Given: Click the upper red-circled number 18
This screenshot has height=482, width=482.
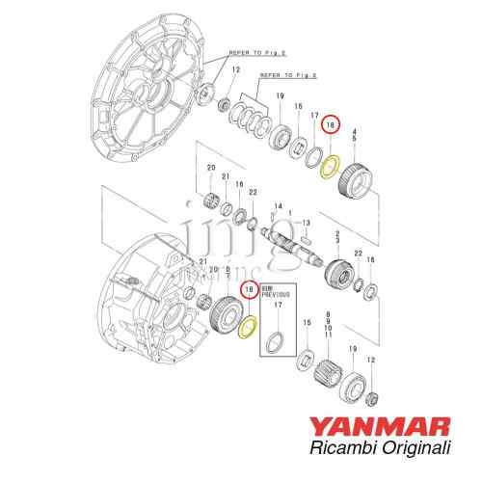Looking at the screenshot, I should click(x=331, y=123).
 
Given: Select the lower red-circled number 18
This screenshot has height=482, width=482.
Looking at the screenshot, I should click(x=250, y=288).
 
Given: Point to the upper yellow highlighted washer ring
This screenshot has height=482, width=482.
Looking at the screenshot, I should click(x=330, y=165).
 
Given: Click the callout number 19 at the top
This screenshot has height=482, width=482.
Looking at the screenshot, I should click(x=280, y=97).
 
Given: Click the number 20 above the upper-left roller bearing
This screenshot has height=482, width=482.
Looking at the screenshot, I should click(x=210, y=168).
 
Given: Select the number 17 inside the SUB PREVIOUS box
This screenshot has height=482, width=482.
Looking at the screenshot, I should click(x=277, y=307).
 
